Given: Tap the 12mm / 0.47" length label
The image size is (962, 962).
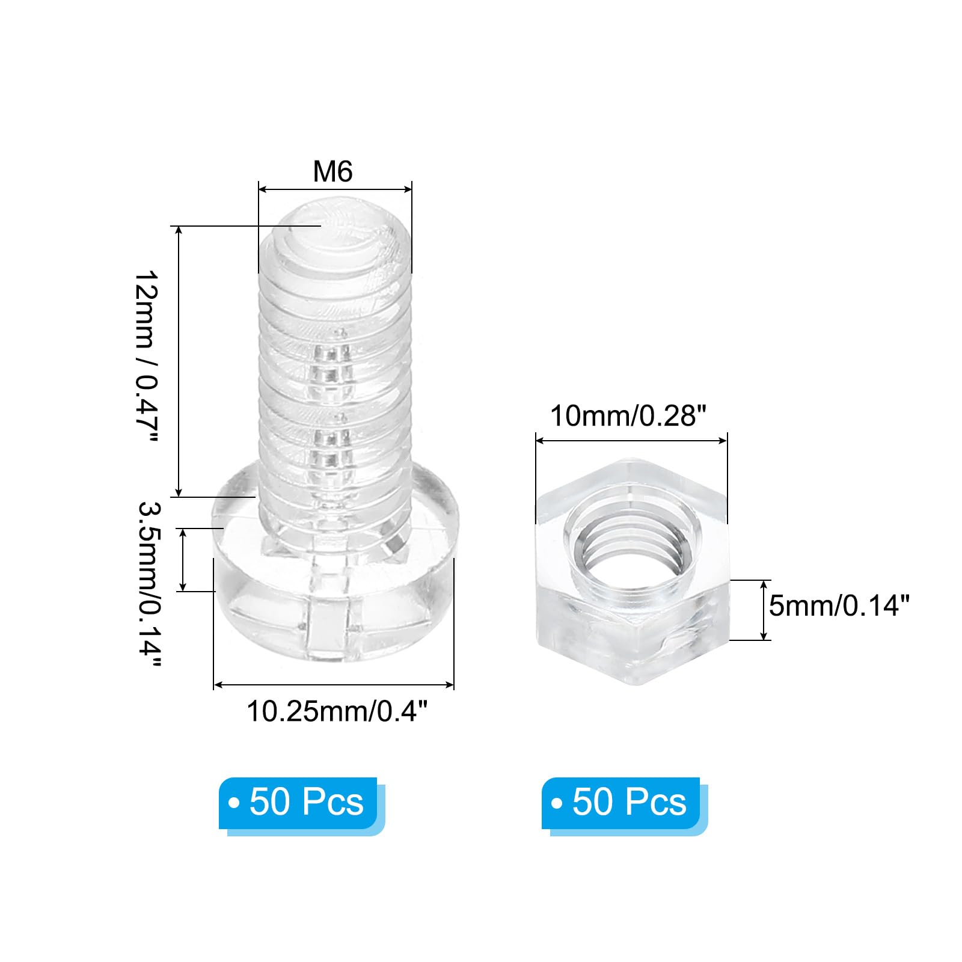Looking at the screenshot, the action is tap(146, 357).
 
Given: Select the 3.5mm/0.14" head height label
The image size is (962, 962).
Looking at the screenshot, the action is tap(149, 584).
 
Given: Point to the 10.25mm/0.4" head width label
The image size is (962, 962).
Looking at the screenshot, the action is tap(337, 711).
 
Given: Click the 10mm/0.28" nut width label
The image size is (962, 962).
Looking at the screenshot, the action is tap(628, 415).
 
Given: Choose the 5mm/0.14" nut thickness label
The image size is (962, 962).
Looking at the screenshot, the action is tap(839, 605).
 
